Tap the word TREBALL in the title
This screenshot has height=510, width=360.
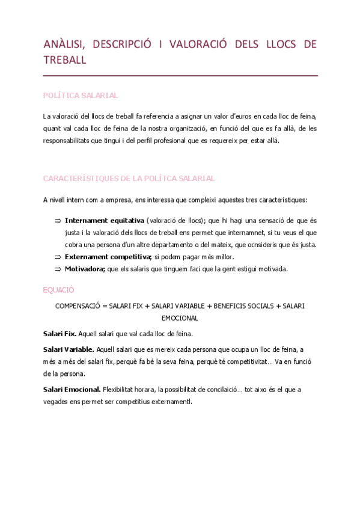click(65, 60)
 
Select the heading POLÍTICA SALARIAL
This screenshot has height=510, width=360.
click(81, 96)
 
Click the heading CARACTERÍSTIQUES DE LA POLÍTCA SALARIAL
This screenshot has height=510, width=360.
click(129, 179)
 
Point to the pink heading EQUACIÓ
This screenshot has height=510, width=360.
click(58, 290)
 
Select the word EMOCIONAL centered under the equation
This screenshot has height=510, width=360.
click(180, 318)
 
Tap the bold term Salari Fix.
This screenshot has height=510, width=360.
click(59, 333)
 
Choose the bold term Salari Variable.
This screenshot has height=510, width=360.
click(69, 349)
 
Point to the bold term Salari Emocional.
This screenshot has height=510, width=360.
click(72, 389)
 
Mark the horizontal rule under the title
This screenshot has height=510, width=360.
click(180, 76)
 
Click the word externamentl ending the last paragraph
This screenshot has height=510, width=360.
click(173, 402)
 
